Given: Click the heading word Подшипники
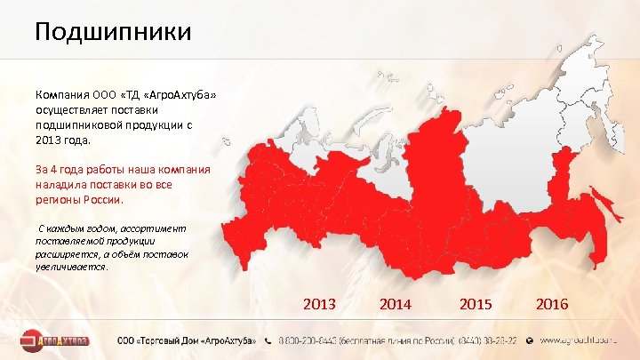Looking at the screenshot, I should pos(113,33).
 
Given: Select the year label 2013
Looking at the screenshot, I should pos(319,304).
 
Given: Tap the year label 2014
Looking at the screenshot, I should pos(396,304).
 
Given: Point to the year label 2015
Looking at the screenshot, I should pos(476,304).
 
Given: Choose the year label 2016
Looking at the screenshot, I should pos(552,304).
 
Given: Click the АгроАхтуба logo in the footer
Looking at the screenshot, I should pos(56,340).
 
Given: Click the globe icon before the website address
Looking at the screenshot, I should pos(530,340).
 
